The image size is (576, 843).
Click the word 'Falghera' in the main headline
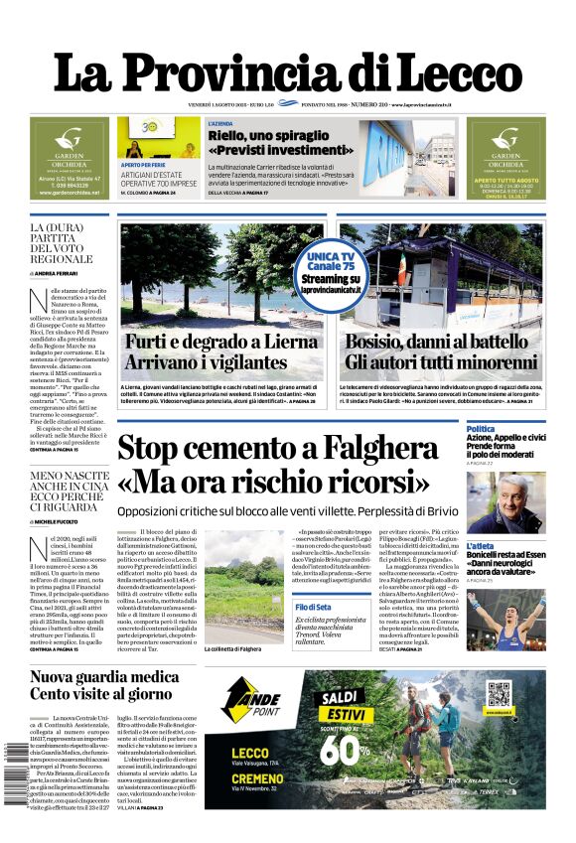[x=371, y=448]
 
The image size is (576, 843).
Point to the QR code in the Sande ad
[x=498, y=693]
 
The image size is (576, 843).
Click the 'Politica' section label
[x=480, y=429]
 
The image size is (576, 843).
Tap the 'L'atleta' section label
[x=481, y=546]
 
